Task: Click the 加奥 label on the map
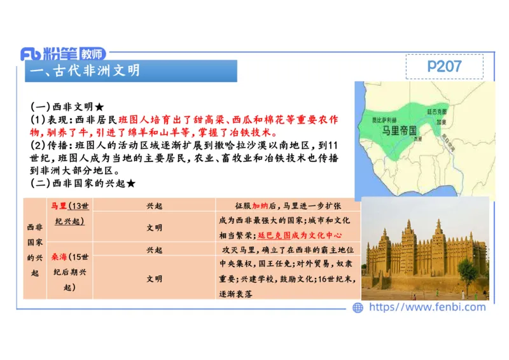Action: point(440,122)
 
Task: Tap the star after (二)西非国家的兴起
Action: point(130,183)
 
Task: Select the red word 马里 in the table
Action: point(59,206)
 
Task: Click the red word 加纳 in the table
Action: point(261,206)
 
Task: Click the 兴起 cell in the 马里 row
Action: point(154,206)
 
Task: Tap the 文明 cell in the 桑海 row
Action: point(154,279)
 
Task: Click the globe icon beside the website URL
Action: point(358,307)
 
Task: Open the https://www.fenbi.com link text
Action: point(427,307)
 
